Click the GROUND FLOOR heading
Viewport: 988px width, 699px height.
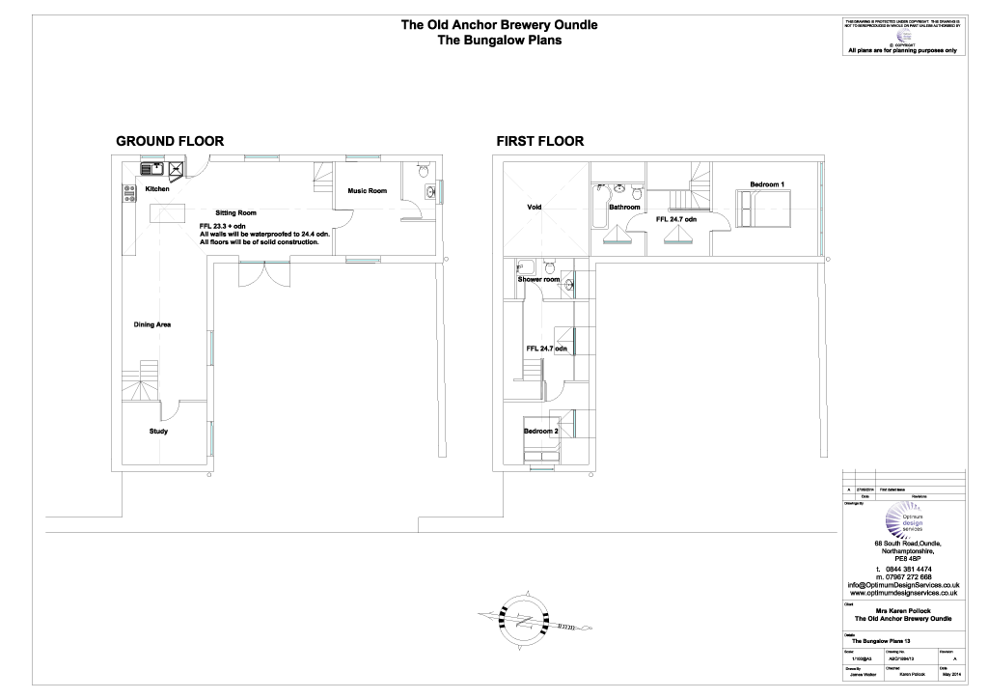(170, 141)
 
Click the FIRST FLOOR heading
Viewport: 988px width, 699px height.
(539, 141)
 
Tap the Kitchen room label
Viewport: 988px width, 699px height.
(157, 190)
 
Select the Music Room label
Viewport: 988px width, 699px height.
(367, 191)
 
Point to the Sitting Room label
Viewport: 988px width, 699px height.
(235, 211)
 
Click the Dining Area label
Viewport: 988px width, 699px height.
(152, 324)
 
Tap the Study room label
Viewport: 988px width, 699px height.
(158, 432)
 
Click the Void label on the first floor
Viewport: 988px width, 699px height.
(535, 208)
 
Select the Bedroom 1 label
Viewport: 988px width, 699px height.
(767, 184)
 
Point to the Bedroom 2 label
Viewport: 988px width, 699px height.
(540, 431)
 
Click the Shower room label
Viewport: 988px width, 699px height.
(538, 280)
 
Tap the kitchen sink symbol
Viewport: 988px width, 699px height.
(151, 169)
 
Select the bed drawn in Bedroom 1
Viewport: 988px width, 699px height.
(764, 208)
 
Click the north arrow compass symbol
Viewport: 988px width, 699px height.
(529, 615)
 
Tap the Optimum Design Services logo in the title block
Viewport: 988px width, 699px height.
(904, 522)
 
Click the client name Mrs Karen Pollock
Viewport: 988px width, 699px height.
(903, 611)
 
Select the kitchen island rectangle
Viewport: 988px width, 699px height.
(159, 218)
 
